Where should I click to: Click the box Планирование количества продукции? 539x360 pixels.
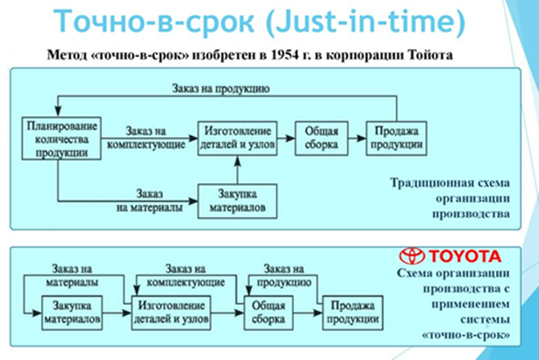[59, 138]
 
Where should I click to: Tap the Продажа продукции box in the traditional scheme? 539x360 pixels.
[392, 137]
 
